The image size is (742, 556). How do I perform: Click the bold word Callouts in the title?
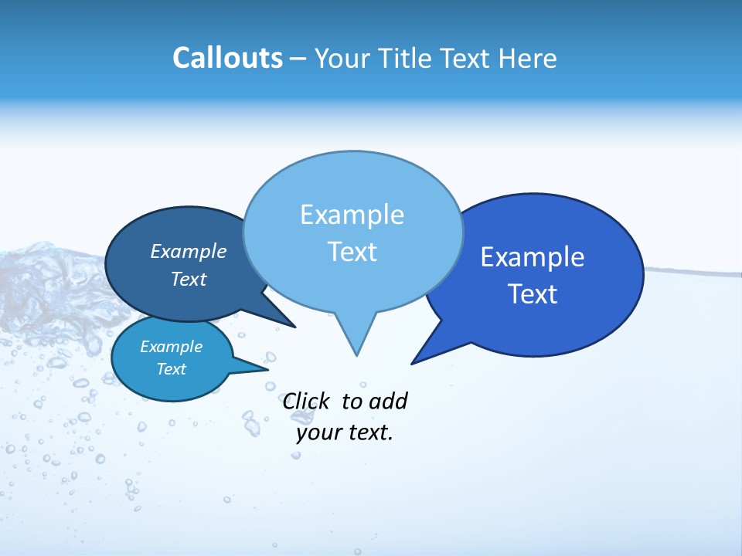coord(227,58)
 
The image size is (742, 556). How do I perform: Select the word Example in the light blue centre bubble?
coord(352,215)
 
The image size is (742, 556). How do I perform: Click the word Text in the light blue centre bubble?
coord(352,252)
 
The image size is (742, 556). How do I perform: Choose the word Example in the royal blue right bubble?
coord(533,257)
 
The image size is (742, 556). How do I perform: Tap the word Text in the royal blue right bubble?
coord(533,294)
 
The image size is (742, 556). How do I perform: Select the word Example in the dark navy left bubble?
coord(188,251)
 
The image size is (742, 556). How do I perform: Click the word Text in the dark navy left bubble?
coord(188,279)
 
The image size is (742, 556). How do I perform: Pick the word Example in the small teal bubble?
coord(171,347)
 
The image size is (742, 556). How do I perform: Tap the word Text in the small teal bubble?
coord(171,369)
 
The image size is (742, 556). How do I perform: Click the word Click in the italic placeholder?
coord(307,401)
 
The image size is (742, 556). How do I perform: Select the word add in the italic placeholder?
coord(388,401)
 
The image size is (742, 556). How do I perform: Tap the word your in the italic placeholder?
coord(319,432)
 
